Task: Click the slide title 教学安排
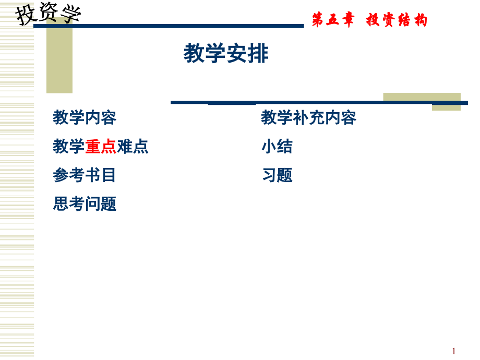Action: click(226, 54)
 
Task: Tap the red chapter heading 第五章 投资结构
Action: click(369, 20)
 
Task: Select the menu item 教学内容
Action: click(85, 118)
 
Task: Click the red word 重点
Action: click(101, 147)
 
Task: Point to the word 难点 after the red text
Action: click(133, 147)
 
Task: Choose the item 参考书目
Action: click(85, 175)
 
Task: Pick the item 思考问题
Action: click(85, 203)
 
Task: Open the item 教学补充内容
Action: click(308, 118)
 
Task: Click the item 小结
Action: click(277, 147)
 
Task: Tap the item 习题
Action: click(277, 175)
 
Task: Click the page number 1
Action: click(454, 351)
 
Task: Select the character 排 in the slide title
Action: click(258, 54)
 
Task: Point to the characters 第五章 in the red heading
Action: click(333, 20)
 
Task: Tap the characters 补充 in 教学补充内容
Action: click(308, 118)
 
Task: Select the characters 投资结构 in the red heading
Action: click(397, 20)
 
